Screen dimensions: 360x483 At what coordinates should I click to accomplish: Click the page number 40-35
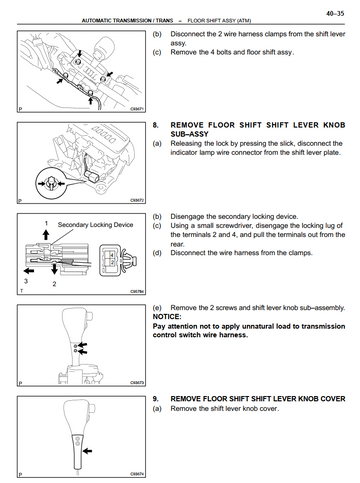[x=335, y=14]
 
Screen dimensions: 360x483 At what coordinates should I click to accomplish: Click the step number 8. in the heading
[x=155, y=125]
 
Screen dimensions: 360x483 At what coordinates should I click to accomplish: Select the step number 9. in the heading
[x=155, y=399]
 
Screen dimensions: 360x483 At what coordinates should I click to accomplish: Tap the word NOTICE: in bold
[x=167, y=317]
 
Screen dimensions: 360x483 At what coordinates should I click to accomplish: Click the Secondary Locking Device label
[x=95, y=225]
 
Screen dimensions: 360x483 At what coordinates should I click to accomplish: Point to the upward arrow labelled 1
[x=46, y=235]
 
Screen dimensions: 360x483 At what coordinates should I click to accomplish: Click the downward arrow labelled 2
[x=54, y=269]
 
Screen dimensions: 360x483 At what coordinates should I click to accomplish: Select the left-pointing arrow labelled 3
[x=29, y=270]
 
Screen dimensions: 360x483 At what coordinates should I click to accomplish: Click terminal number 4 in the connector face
[x=112, y=255]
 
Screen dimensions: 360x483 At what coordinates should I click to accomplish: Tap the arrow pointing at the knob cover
[x=87, y=451]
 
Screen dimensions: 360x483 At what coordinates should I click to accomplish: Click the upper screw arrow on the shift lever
[x=82, y=345]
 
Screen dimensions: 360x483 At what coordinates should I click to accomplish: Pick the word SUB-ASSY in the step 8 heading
[x=189, y=134]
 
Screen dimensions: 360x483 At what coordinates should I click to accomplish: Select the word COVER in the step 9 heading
[x=333, y=399]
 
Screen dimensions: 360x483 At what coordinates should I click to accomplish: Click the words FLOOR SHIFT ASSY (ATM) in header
[x=219, y=21]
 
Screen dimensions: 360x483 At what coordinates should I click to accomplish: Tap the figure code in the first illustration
[x=137, y=109]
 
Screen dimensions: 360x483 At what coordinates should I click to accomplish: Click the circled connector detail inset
[x=50, y=183]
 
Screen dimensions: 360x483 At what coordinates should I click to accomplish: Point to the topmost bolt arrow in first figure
[x=79, y=53]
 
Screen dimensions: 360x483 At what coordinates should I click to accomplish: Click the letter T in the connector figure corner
[x=22, y=291]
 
